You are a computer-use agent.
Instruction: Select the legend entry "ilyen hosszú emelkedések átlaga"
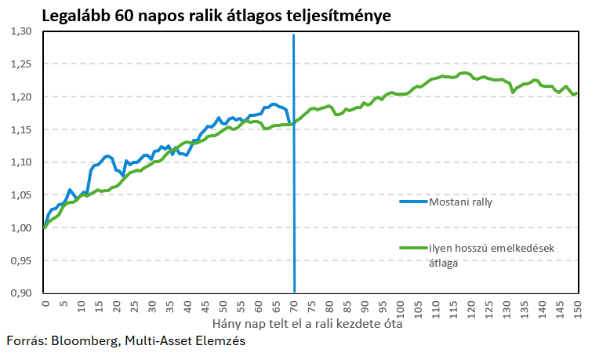click(491, 256)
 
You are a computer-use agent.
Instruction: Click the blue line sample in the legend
click(412, 202)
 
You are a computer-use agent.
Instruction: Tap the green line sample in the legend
click(412, 249)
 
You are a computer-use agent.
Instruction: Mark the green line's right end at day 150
click(578, 93)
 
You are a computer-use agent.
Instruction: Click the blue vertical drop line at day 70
click(294, 196)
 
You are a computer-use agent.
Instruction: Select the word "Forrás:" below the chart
click(27, 341)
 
